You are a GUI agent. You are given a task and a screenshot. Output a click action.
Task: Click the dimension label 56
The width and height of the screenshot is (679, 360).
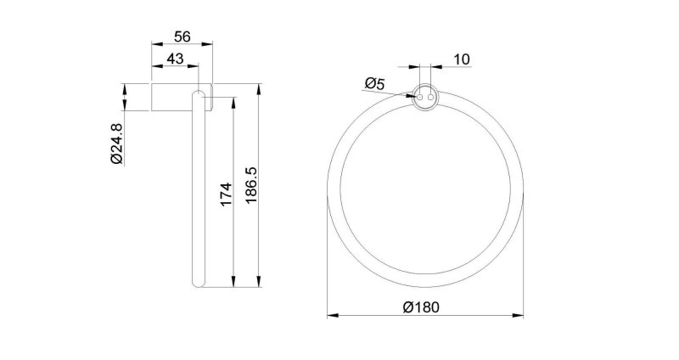click(182, 37)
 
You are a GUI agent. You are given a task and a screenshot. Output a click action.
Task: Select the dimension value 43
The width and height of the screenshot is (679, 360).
click(175, 59)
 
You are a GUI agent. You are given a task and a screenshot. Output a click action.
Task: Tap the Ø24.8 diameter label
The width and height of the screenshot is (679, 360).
click(117, 143)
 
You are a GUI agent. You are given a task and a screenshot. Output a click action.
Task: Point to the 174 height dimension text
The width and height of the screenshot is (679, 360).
click(227, 194)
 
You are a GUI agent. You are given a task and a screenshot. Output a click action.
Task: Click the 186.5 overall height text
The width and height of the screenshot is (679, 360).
click(251, 186)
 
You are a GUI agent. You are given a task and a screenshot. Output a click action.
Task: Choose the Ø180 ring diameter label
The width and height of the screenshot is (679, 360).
click(421, 307)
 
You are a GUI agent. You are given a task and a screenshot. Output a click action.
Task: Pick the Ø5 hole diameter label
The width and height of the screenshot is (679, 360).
click(374, 83)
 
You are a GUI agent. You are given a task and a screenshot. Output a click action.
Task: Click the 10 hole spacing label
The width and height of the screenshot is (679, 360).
click(462, 59)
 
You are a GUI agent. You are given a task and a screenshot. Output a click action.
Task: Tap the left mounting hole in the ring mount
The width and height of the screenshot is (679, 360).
click(419, 98)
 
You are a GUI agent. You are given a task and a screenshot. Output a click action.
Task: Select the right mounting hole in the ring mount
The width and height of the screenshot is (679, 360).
click(430, 98)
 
